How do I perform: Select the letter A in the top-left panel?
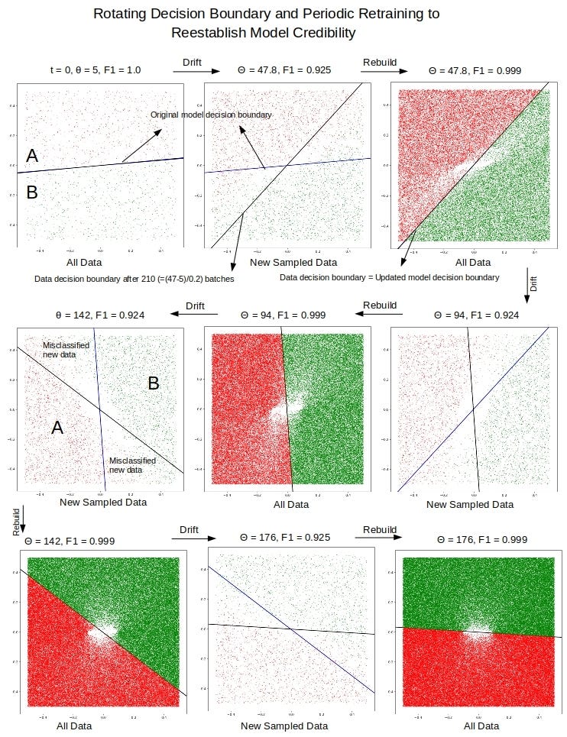[x=32, y=156]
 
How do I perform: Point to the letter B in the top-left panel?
[x=32, y=192]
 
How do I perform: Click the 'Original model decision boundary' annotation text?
[x=211, y=115]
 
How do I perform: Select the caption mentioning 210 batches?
[x=134, y=279]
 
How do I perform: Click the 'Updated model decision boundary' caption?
[x=390, y=277]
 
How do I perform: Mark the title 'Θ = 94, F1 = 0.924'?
[x=471, y=315]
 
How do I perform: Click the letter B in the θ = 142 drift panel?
[x=153, y=383]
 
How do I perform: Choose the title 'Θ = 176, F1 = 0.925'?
[x=285, y=538]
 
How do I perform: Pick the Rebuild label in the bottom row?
[x=380, y=529]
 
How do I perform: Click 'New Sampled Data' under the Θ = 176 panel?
[x=285, y=726]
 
